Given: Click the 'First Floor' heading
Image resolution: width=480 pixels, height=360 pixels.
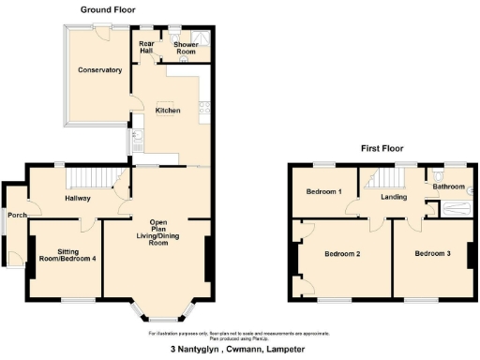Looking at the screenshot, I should click(x=382, y=148).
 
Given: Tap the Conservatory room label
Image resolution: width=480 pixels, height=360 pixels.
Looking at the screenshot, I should click(x=100, y=70).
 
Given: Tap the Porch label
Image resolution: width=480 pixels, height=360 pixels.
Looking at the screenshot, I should click(x=17, y=215).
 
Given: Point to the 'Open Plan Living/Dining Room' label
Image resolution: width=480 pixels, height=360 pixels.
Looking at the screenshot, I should click(x=158, y=232).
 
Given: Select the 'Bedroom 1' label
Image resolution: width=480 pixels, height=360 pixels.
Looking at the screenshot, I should click(x=323, y=193).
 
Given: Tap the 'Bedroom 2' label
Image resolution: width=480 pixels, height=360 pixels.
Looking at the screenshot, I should click(x=342, y=253).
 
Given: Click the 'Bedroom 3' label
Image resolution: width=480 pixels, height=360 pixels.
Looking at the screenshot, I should click(x=433, y=253).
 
